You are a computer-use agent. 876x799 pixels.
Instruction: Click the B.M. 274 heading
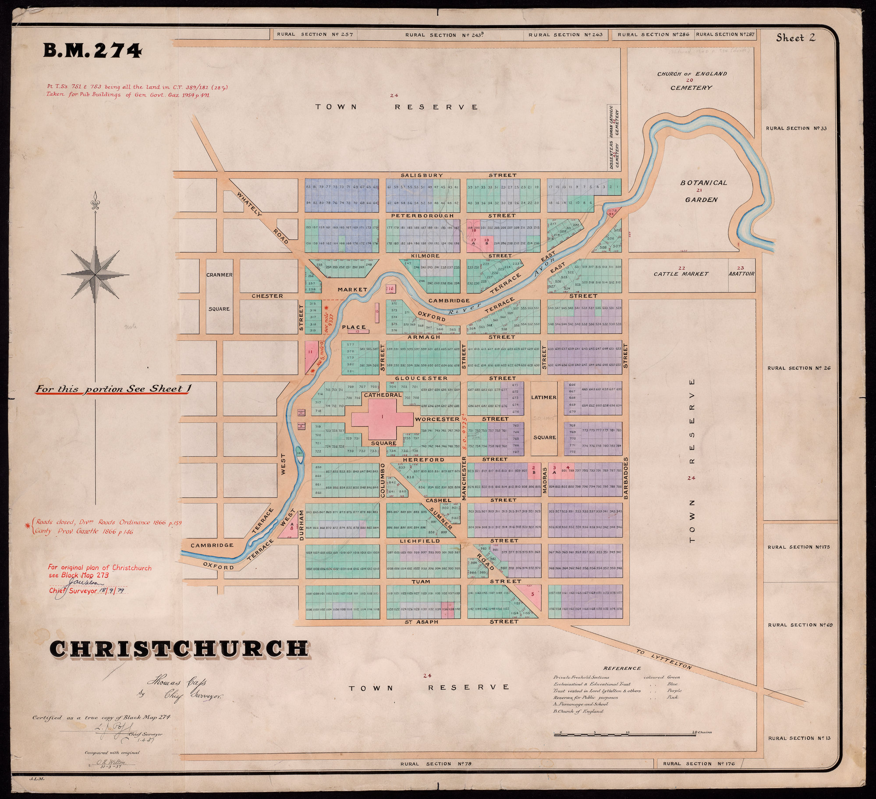point(92,52)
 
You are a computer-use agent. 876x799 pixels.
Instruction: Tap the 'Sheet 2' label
point(795,38)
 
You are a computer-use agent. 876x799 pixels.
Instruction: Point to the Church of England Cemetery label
point(691,81)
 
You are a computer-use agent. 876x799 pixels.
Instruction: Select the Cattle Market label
point(681,274)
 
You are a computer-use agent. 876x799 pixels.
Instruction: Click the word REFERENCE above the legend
point(622,668)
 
